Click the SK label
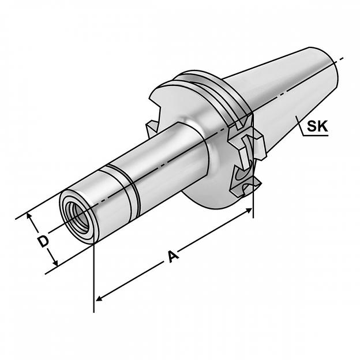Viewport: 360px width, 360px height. click(x=317, y=126)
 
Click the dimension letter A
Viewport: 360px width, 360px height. click(x=173, y=257)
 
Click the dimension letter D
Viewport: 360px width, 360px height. click(x=43, y=241)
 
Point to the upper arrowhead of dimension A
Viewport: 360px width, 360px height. click(x=249, y=210)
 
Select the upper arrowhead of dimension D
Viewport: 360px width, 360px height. click(x=29, y=216)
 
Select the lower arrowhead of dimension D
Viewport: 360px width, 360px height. click(x=55, y=263)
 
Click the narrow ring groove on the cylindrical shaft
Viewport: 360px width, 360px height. click(x=121, y=190)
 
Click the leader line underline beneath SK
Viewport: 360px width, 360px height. click(x=315, y=136)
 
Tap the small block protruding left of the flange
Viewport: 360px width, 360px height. click(x=151, y=129)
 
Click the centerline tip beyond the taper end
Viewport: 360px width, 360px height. click(x=343, y=58)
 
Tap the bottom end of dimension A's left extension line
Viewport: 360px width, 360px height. click(x=94, y=312)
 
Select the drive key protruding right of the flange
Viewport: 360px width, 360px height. click(x=260, y=144)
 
